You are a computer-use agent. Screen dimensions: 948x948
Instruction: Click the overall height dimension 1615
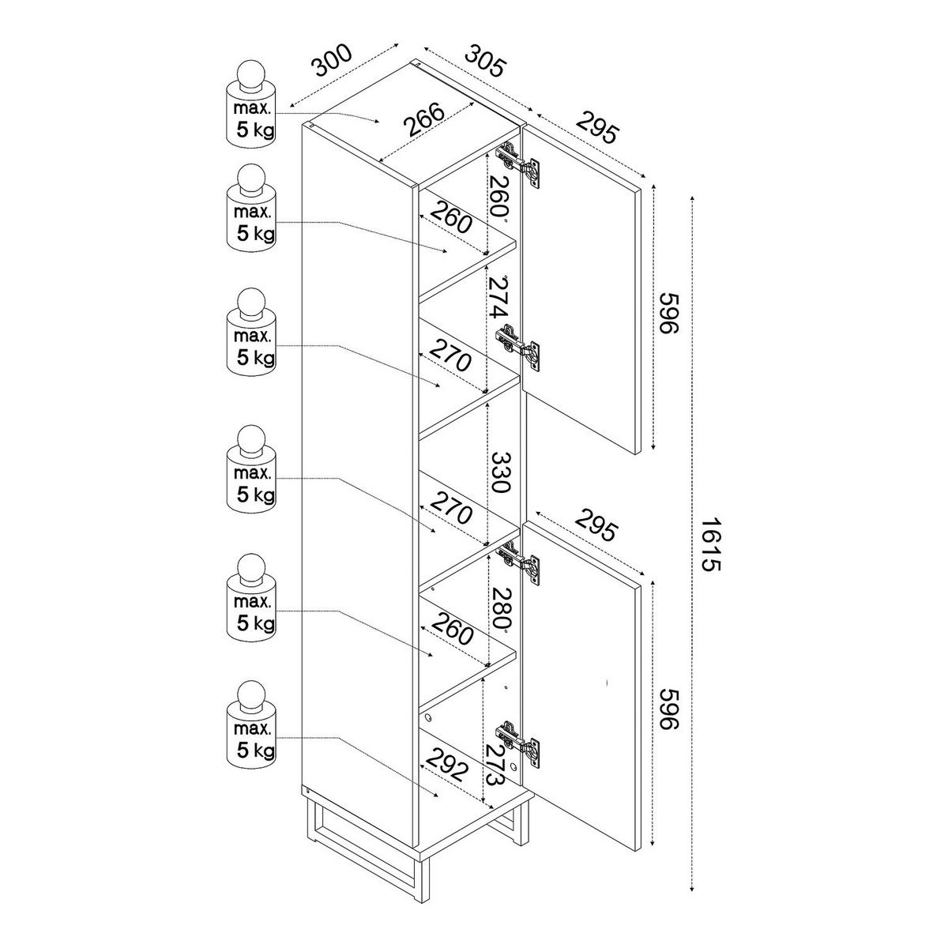[710, 544]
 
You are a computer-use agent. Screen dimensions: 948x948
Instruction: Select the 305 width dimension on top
[484, 61]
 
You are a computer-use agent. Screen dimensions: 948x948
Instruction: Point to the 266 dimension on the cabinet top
[425, 121]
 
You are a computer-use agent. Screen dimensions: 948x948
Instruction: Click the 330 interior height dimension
[501, 472]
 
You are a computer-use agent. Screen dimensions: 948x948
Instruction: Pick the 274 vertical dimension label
[498, 298]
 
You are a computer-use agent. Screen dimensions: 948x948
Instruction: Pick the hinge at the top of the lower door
[520, 562]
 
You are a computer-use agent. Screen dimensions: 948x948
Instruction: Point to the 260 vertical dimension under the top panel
[498, 196]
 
